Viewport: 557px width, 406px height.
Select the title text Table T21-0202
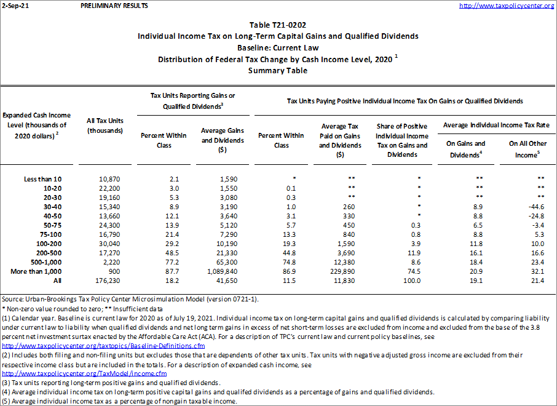[278, 25]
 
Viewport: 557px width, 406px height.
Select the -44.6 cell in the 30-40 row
[533, 207]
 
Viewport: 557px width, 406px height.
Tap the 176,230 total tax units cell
[108, 281]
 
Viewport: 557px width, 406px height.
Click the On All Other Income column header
[527, 149]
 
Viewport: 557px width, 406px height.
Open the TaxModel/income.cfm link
[85, 373]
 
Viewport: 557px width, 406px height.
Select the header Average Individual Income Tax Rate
[496, 125]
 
